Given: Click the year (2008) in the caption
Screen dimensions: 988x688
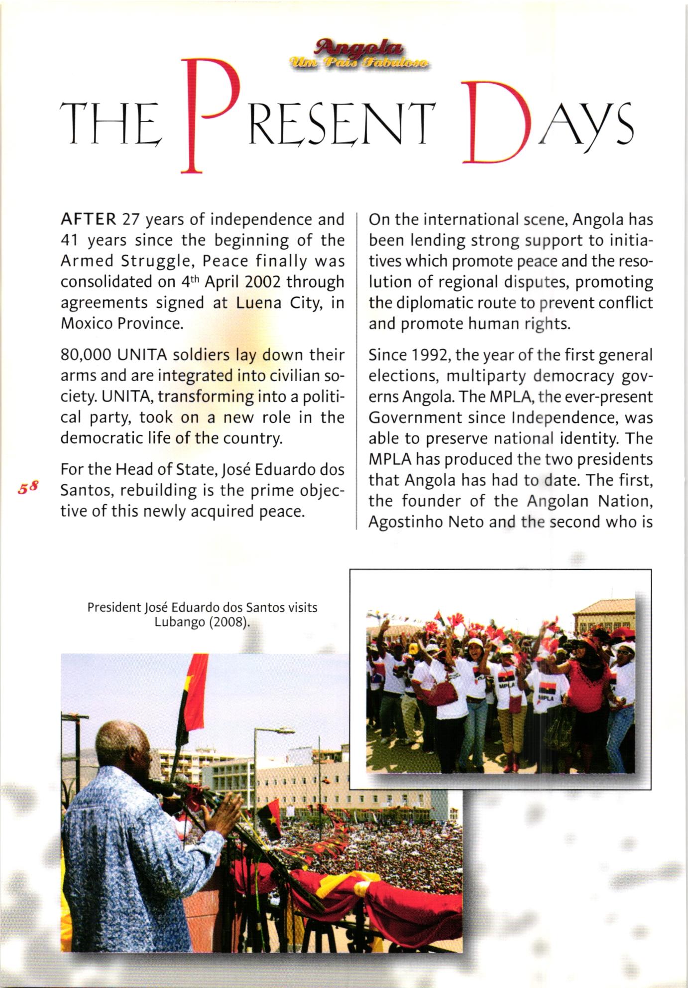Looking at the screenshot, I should pyautogui.click(x=229, y=622).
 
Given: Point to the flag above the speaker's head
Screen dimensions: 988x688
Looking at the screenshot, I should pyautogui.click(x=192, y=698).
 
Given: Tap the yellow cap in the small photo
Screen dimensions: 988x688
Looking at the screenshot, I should pyautogui.click(x=413, y=648).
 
